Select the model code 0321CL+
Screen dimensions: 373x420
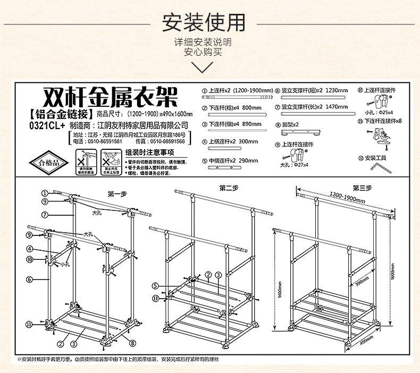tap(46, 125)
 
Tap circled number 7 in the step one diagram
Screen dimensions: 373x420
tap(45, 215)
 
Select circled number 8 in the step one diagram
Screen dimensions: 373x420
tap(132, 343)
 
